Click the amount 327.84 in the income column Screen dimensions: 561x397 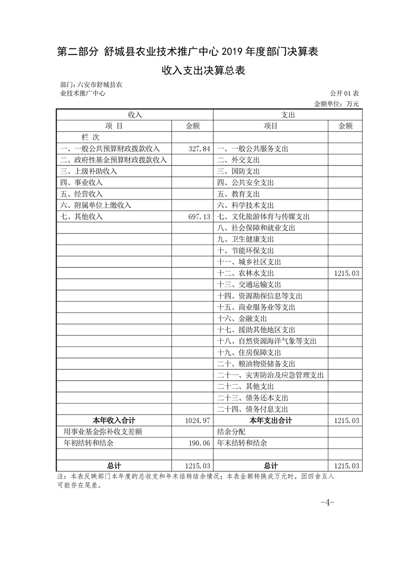(x=199, y=149)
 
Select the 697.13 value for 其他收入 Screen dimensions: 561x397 (x=199, y=216)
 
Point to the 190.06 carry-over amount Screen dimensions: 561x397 (x=199, y=443)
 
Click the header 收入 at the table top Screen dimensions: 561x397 (x=135, y=115)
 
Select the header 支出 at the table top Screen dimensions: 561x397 (x=288, y=115)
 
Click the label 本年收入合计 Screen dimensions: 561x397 (x=114, y=420)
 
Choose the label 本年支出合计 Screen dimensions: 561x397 (x=271, y=420)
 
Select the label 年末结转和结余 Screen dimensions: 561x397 (x=242, y=443)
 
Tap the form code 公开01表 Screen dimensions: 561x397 (x=344, y=93)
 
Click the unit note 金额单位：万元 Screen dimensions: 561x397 (x=336, y=104)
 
